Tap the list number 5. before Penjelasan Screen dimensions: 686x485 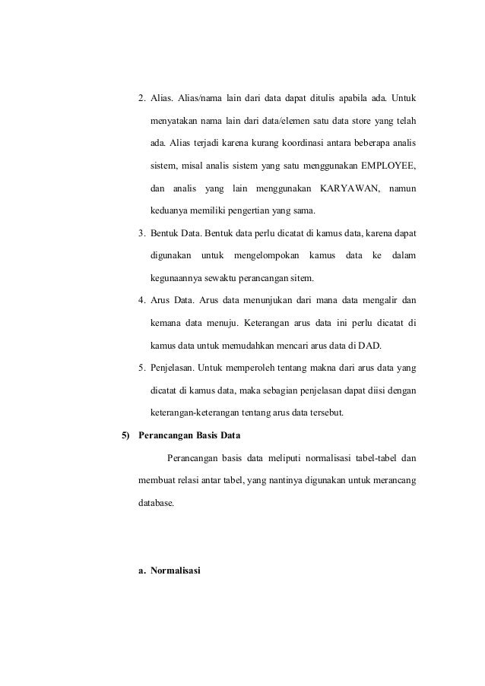tap(142, 368)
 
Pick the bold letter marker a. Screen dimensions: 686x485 tap(142, 569)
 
